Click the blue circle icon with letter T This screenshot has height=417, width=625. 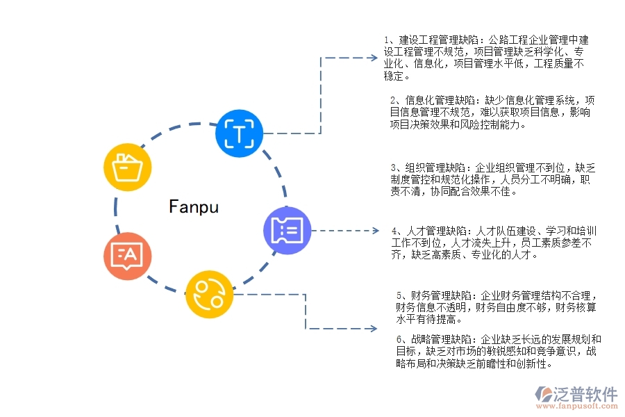tap(240, 132)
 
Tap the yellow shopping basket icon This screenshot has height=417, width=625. tap(126, 167)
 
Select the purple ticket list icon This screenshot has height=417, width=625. tap(287, 230)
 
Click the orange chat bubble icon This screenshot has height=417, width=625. tap(127, 255)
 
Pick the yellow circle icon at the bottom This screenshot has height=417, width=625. tap(209, 294)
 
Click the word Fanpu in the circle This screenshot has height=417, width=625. tap(194, 206)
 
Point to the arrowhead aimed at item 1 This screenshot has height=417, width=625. tap(372, 58)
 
